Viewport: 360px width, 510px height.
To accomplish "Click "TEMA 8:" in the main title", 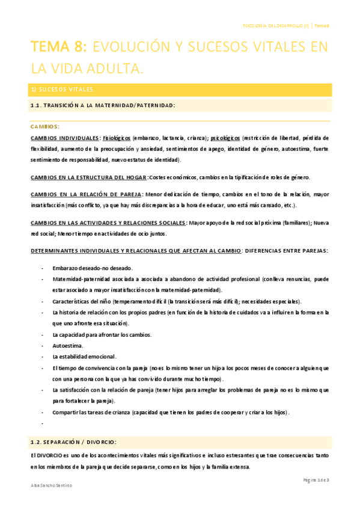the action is pos(59,47).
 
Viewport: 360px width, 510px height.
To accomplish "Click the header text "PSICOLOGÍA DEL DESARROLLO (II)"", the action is pos(276,26).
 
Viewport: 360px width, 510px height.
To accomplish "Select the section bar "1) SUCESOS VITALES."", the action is pos(63,90).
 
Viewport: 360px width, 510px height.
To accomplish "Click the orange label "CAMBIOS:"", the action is pos(44,127).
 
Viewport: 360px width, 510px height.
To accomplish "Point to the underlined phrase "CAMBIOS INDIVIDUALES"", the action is pos(65,138).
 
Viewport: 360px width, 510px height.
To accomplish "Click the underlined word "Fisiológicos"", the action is pos(117,138).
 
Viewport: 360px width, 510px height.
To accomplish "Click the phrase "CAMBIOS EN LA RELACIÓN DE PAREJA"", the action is pos(86,194).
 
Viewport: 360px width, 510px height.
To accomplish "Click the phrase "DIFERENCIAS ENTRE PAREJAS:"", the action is pos(294,250).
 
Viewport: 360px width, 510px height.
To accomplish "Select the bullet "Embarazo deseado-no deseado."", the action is pos(93,268).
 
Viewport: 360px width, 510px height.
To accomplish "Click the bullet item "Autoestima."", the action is pos(68,346).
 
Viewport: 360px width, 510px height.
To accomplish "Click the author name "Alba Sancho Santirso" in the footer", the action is pos(52,485).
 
